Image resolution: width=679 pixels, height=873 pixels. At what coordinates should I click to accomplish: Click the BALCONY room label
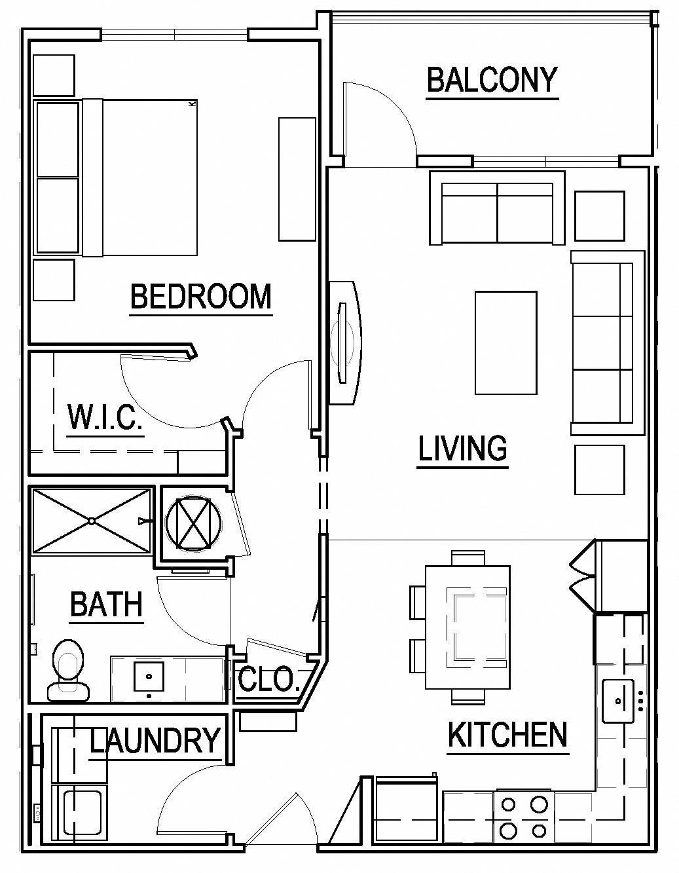(492, 80)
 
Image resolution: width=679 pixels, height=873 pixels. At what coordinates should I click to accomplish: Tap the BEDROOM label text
(200, 297)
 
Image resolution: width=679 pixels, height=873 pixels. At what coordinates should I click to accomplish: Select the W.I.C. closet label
(105, 417)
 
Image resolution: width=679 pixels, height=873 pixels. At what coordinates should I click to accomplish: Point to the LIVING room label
(462, 449)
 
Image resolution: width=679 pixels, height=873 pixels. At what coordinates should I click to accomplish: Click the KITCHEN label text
(507, 735)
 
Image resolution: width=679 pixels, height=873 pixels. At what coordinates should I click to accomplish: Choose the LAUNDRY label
(155, 741)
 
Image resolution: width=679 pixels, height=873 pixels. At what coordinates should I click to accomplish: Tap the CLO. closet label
(268, 680)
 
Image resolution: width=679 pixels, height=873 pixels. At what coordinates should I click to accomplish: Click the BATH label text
(106, 604)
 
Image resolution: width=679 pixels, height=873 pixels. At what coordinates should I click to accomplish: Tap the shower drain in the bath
(92, 521)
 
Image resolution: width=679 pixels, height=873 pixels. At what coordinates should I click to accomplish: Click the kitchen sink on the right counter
(619, 700)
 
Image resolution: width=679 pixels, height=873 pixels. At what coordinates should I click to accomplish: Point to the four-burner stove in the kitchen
(523, 817)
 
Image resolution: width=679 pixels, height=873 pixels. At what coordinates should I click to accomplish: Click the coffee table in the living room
(505, 343)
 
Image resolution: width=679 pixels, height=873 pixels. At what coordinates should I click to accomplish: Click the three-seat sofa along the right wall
(603, 343)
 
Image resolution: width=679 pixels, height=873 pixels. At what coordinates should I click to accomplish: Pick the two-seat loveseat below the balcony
(497, 209)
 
